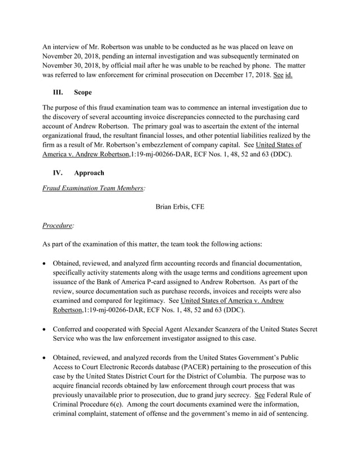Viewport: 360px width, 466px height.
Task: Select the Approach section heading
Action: point(89,173)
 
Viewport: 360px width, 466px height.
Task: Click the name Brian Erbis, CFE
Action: point(179,206)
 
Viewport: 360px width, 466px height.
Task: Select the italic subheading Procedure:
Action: point(58,225)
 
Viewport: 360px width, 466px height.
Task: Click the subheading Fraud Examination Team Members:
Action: point(94,188)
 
